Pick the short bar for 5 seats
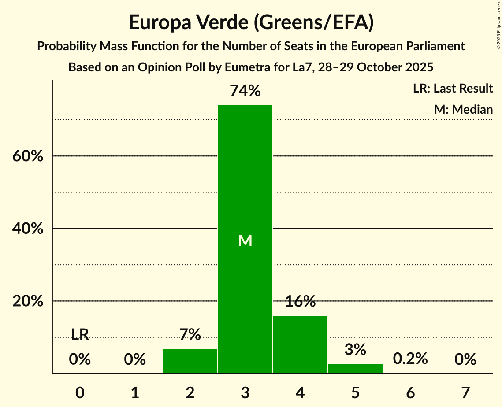(355, 369)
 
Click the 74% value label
(245, 91)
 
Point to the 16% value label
(300, 302)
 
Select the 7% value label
(190, 335)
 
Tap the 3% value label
(355, 350)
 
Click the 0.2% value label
(410, 359)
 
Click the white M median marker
(245, 240)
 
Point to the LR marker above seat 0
(80, 335)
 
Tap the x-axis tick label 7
(465, 392)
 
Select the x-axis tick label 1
(135, 392)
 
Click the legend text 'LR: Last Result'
(453, 89)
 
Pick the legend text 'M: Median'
(463, 109)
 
